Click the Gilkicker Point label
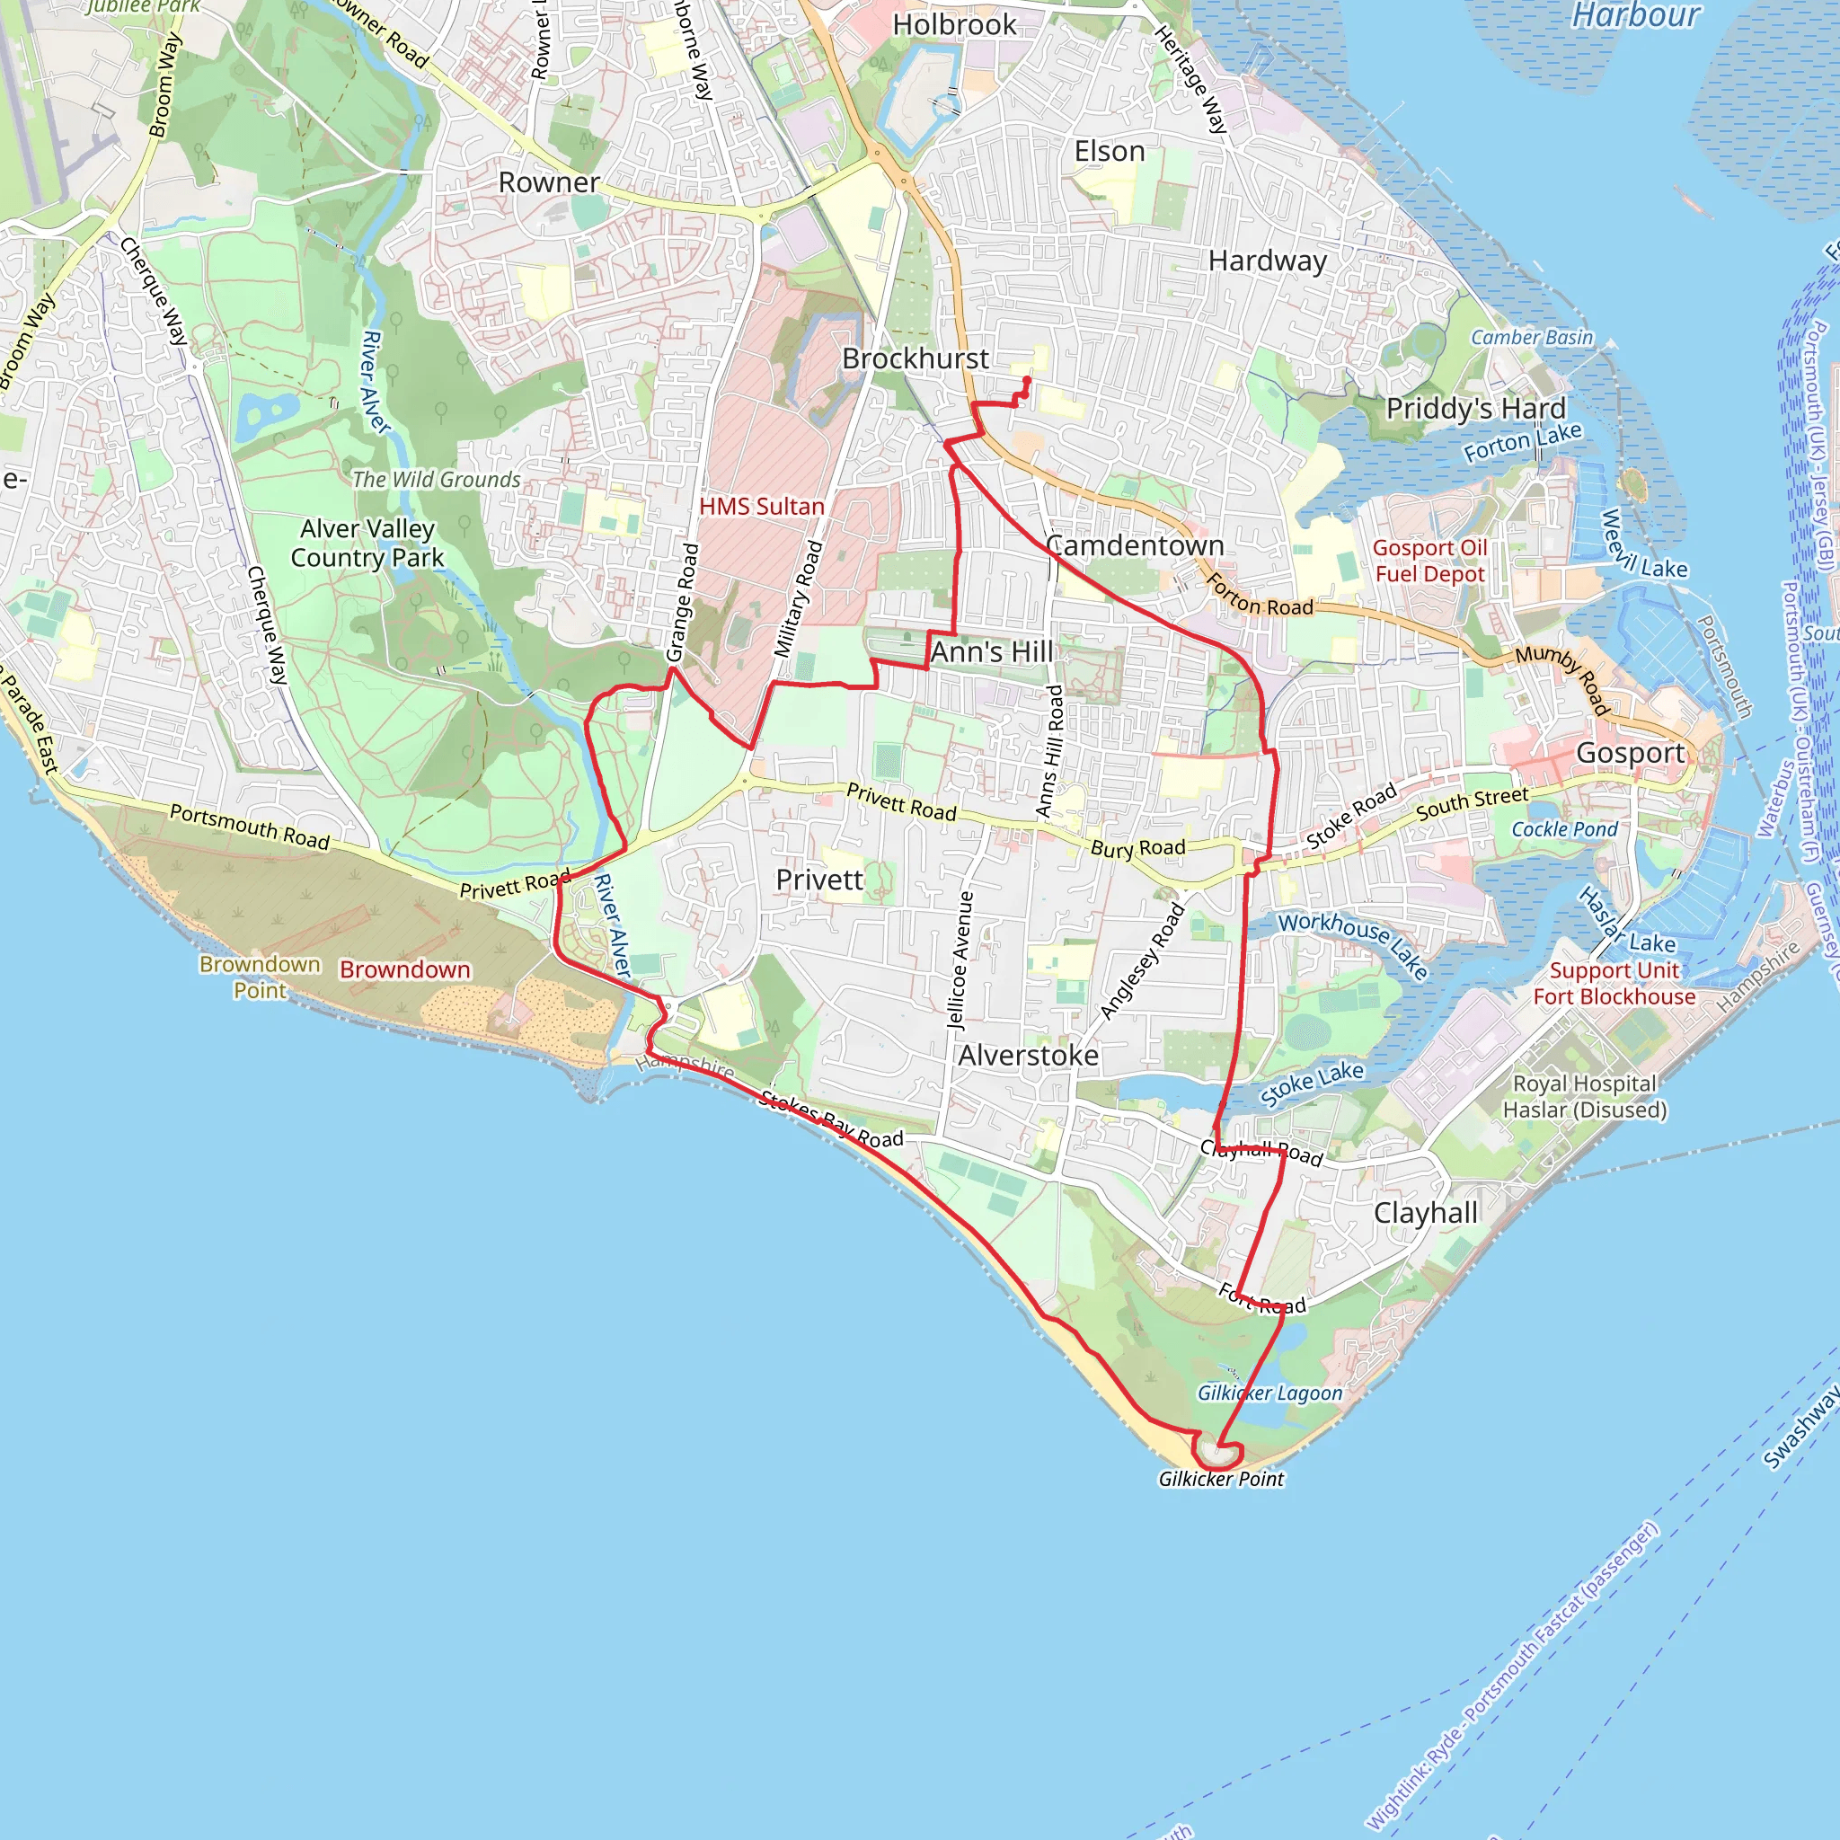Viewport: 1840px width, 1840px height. [x=1221, y=1479]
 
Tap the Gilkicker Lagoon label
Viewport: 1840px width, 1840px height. [x=1269, y=1393]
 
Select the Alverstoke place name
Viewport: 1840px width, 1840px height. [x=1028, y=1056]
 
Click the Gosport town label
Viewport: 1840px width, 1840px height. [x=1631, y=753]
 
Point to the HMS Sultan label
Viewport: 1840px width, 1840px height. [x=761, y=507]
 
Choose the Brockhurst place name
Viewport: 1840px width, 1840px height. [x=916, y=359]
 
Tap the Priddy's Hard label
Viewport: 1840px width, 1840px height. [x=1475, y=409]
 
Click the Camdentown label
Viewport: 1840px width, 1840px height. [x=1135, y=545]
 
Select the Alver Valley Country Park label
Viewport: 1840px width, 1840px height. [x=367, y=543]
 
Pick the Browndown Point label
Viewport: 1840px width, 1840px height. [x=259, y=977]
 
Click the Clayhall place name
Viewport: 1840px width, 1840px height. [x=1426, y=1213]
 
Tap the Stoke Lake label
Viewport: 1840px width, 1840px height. [x=1312, y=1084]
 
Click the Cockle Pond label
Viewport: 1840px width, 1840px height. [x=1564, y=829]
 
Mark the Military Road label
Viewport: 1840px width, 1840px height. [x=797, y=599]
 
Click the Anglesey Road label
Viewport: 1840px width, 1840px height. [x=1142, y=961]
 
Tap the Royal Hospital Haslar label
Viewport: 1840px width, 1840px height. [x=1585, y=1096]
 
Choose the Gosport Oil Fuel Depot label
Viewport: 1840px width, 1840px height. [x=1429, y=561]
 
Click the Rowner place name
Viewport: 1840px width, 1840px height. [x=549, y=183]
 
